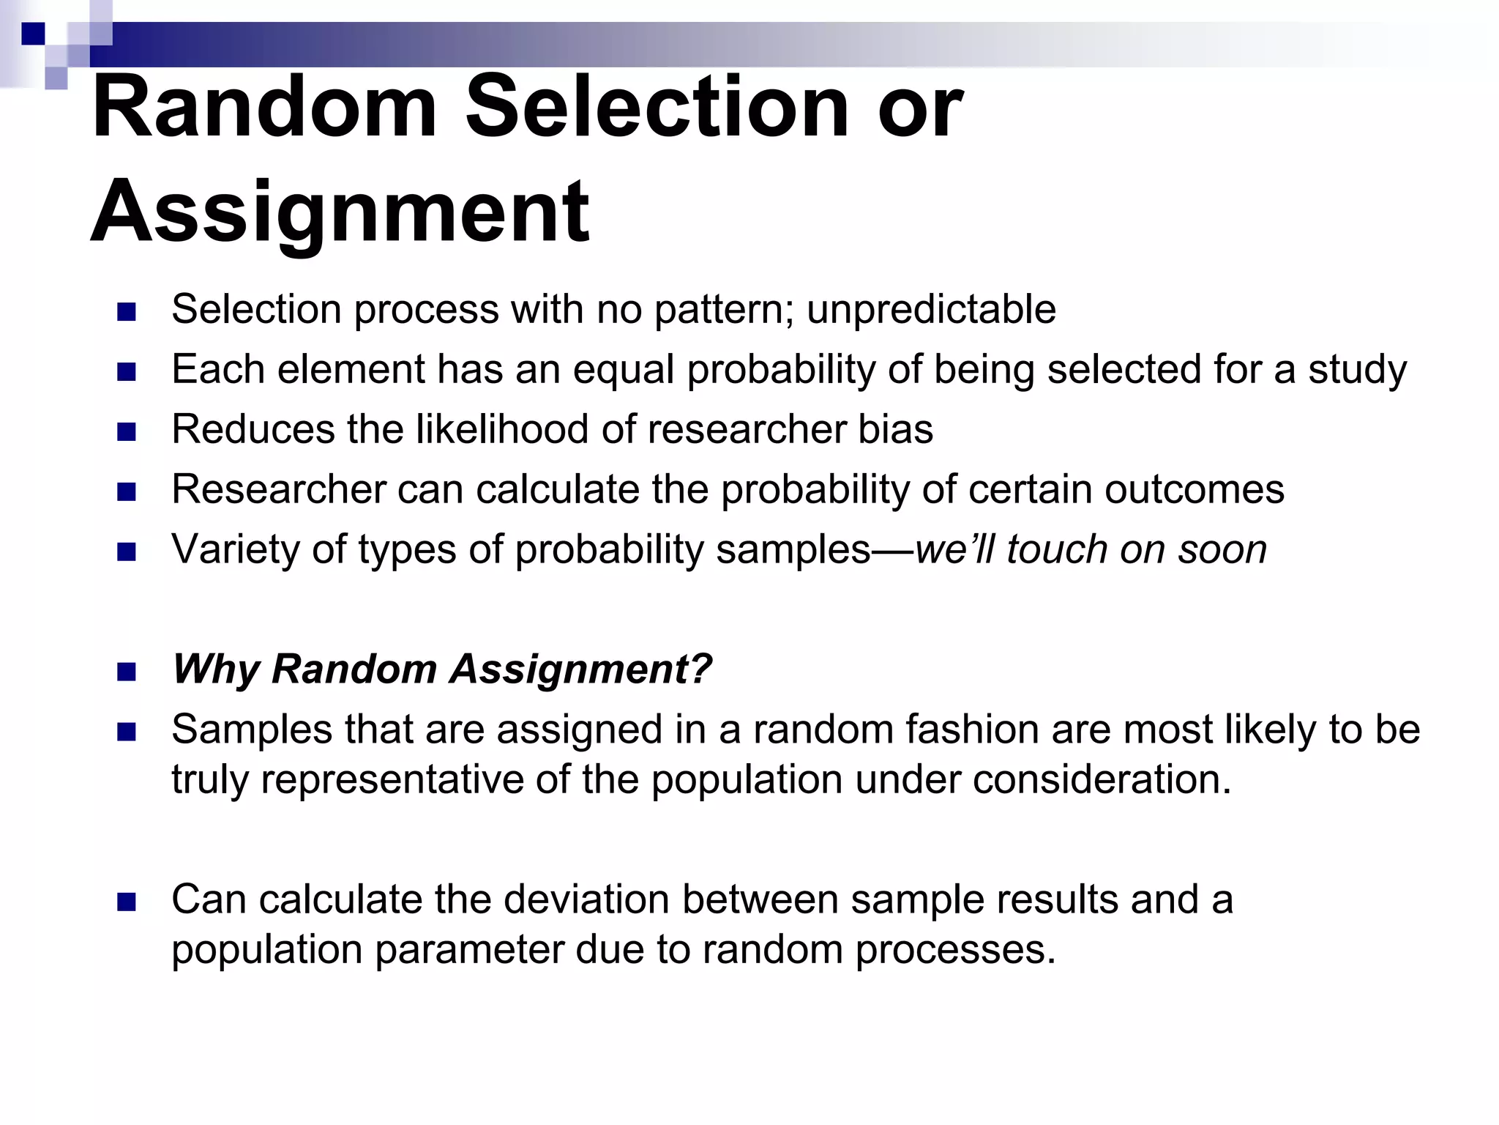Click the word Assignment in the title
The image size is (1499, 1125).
coord(340,212)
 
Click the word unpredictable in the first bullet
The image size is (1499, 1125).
coord(931,309)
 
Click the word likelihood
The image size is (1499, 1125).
coord(502,429)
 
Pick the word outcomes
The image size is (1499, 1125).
coord(1195,489)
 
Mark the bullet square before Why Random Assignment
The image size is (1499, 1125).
coord(126,672)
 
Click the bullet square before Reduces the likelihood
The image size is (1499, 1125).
coord(126,431)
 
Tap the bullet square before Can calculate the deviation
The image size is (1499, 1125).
coord(126,902)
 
